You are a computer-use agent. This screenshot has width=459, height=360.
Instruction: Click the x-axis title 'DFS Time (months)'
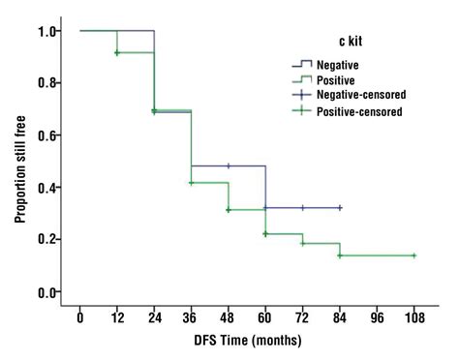click(247, 340)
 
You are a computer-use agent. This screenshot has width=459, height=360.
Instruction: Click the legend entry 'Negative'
click(346, 65)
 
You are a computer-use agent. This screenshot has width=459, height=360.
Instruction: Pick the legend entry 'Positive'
click(344, 80)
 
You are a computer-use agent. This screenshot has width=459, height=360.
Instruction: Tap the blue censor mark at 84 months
click(340, 208)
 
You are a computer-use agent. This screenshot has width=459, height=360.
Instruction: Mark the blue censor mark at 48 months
click(228, 165)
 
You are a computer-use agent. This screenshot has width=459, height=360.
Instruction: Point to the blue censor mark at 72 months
click(303, 208)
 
